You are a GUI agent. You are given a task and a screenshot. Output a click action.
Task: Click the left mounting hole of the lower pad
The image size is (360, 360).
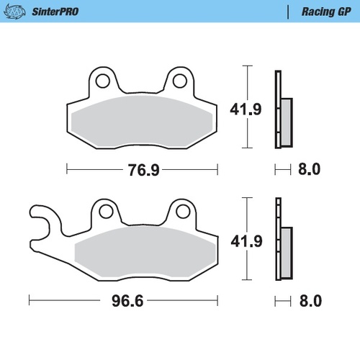point(106,211)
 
